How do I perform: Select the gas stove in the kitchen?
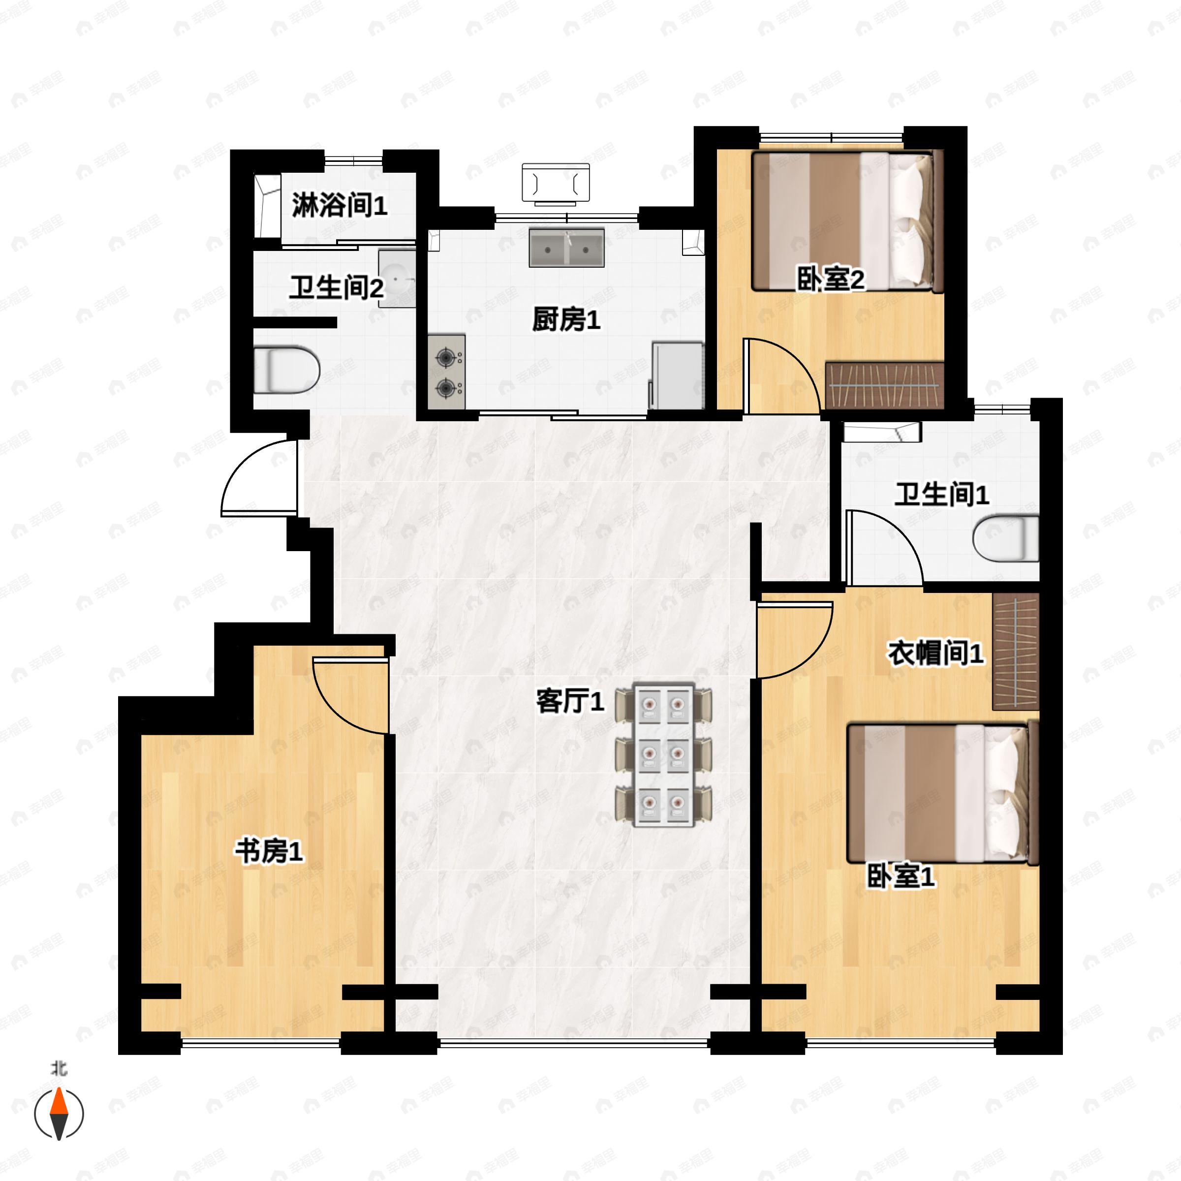coord(447,372)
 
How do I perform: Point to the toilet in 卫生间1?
coord(1005,538)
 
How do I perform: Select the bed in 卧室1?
coord(941,793)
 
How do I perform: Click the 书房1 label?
coord(269,851)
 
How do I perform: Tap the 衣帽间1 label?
coord(935,654)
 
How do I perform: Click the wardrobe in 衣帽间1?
coord(1015,651)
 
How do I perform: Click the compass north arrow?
coord(59,1114)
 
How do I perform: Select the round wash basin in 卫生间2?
coord(396,278)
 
